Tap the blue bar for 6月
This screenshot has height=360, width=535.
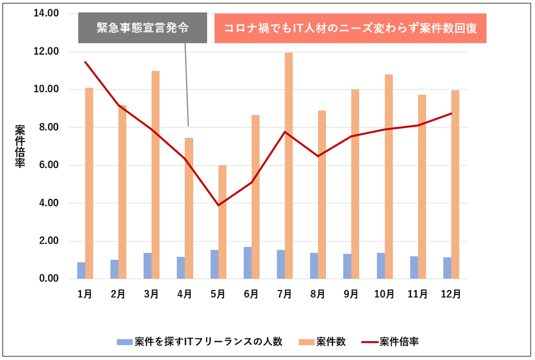coord(247,263)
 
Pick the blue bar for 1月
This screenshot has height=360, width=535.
coord(81,271)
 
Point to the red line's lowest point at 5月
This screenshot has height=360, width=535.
coord(219,205)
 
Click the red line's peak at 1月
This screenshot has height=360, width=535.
coord(85,62)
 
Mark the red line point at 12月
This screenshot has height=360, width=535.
coord(451,113)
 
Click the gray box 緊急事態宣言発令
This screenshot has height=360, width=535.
coord(142,28)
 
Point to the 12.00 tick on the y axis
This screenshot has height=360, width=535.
coord(47,51)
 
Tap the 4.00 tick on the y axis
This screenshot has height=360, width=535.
coord(47,203)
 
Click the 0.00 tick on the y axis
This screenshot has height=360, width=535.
coord(47,279)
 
